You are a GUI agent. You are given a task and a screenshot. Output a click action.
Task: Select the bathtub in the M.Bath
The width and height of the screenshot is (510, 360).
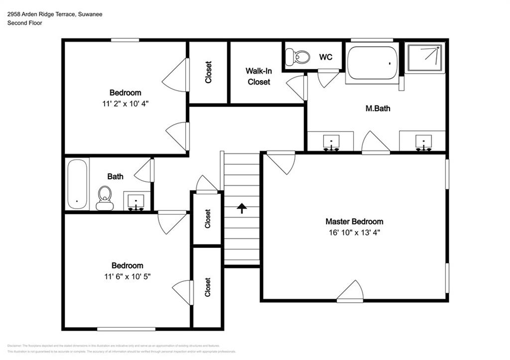(x=373, y=63)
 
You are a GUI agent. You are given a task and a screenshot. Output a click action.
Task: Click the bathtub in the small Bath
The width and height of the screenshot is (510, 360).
(x=77, y=184)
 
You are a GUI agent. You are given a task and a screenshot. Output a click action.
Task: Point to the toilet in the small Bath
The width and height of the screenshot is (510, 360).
(x=105, y=198)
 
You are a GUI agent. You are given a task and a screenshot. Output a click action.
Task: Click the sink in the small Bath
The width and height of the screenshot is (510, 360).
(x=136, y=202)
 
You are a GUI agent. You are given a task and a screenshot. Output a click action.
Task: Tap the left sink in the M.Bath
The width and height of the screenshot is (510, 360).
(x=331, y=142)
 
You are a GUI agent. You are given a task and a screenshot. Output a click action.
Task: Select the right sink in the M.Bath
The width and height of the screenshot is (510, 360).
(x=423, y=142)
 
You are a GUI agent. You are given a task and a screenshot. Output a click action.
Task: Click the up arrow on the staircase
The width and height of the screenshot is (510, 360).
(x=242, y=208)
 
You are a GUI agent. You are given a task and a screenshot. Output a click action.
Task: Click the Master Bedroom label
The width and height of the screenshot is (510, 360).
(x=354, y=222)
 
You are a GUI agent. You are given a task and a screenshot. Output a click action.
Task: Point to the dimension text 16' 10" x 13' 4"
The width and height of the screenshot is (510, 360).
(x=354, y=232)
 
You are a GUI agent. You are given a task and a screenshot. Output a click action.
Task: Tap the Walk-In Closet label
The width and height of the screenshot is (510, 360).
(x=258, y=76)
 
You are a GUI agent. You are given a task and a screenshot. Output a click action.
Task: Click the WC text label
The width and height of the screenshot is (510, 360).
(x=325, y=57)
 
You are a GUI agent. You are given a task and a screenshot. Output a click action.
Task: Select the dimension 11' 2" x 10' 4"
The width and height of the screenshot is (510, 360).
(x=126, y=103)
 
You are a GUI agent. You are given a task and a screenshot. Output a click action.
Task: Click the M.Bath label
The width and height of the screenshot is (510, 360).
(x=378, y=108)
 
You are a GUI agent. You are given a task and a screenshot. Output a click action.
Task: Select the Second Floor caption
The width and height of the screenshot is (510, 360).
(x=24, y=23)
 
